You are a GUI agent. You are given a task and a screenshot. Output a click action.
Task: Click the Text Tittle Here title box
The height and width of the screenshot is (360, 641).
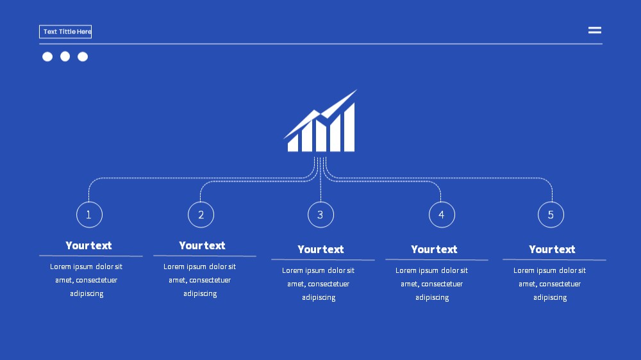pos(65,31)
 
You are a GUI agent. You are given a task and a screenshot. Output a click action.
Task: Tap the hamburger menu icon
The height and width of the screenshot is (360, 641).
pos(594,30)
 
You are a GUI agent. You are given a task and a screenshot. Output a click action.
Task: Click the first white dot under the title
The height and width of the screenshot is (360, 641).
pos(47,56)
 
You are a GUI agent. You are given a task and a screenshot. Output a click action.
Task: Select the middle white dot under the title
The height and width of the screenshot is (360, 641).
pos(65,56)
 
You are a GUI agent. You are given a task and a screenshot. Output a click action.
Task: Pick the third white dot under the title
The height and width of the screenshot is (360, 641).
pos(83,56)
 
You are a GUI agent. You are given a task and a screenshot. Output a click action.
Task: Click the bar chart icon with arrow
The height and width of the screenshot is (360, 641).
pos(320,121)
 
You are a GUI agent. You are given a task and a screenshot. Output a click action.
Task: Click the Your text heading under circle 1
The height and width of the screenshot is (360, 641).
pos(88,245)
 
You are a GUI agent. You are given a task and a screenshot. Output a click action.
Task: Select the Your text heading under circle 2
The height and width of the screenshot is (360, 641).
pos(202,245)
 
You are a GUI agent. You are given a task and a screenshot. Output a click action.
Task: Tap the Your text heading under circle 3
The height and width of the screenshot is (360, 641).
pos(320,249)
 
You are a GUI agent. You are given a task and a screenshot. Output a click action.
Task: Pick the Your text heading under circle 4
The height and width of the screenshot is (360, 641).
pos(434,249)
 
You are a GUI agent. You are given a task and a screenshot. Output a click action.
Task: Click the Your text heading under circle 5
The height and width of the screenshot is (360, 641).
pos(552,249)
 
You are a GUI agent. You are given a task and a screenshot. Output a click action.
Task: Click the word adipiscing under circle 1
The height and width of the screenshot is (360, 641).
pos(87,294)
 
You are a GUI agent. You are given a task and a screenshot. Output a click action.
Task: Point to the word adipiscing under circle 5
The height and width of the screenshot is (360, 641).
pos(550,298)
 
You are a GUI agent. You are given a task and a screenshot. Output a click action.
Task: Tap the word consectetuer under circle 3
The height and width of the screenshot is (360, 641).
pos(329,284)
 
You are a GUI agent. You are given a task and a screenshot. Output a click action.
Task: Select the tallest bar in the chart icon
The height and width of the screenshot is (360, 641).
pos(349,127)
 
